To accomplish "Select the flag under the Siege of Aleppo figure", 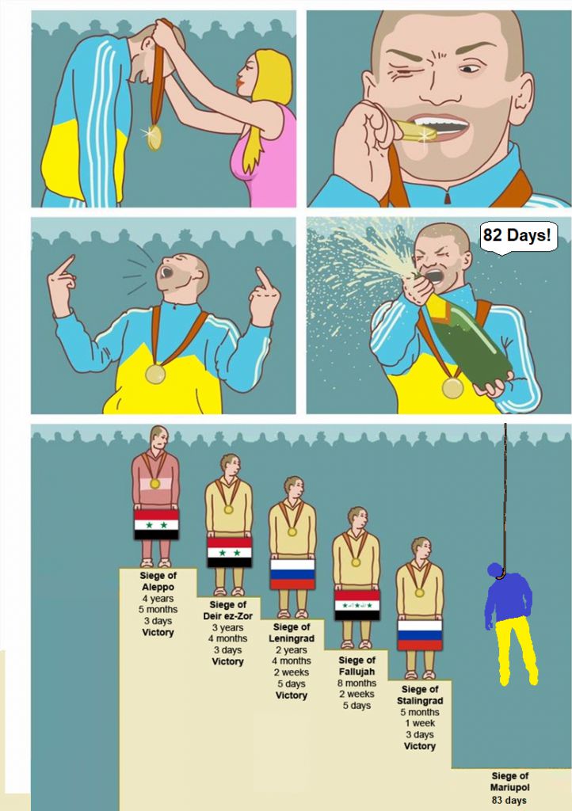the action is click(x=156, y=524).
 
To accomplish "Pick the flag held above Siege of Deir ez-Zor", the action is click(x=229, y=551).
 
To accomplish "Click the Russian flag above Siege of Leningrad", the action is click(x=292, y=573).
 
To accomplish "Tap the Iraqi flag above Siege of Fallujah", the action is click(x=357, y=604).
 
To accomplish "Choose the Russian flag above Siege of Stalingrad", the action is click(x=419, y=634).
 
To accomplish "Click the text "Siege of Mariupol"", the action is click(x=510, y=782).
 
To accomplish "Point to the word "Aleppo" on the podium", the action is click(x=158, y=587).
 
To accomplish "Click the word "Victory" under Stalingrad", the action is click(x=419, y=746).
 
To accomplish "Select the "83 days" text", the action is click(x=509, y=800).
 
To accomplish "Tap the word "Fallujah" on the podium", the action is click(x=357, y=672).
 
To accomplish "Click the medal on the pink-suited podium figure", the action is click(x=154, y=484).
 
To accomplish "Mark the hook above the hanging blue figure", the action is click(x=501, y=573).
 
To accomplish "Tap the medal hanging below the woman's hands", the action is click(x=154, y=137).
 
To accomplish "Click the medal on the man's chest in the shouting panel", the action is click(x=154, y=374).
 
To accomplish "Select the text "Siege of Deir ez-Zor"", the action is click(x=227, y=611).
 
